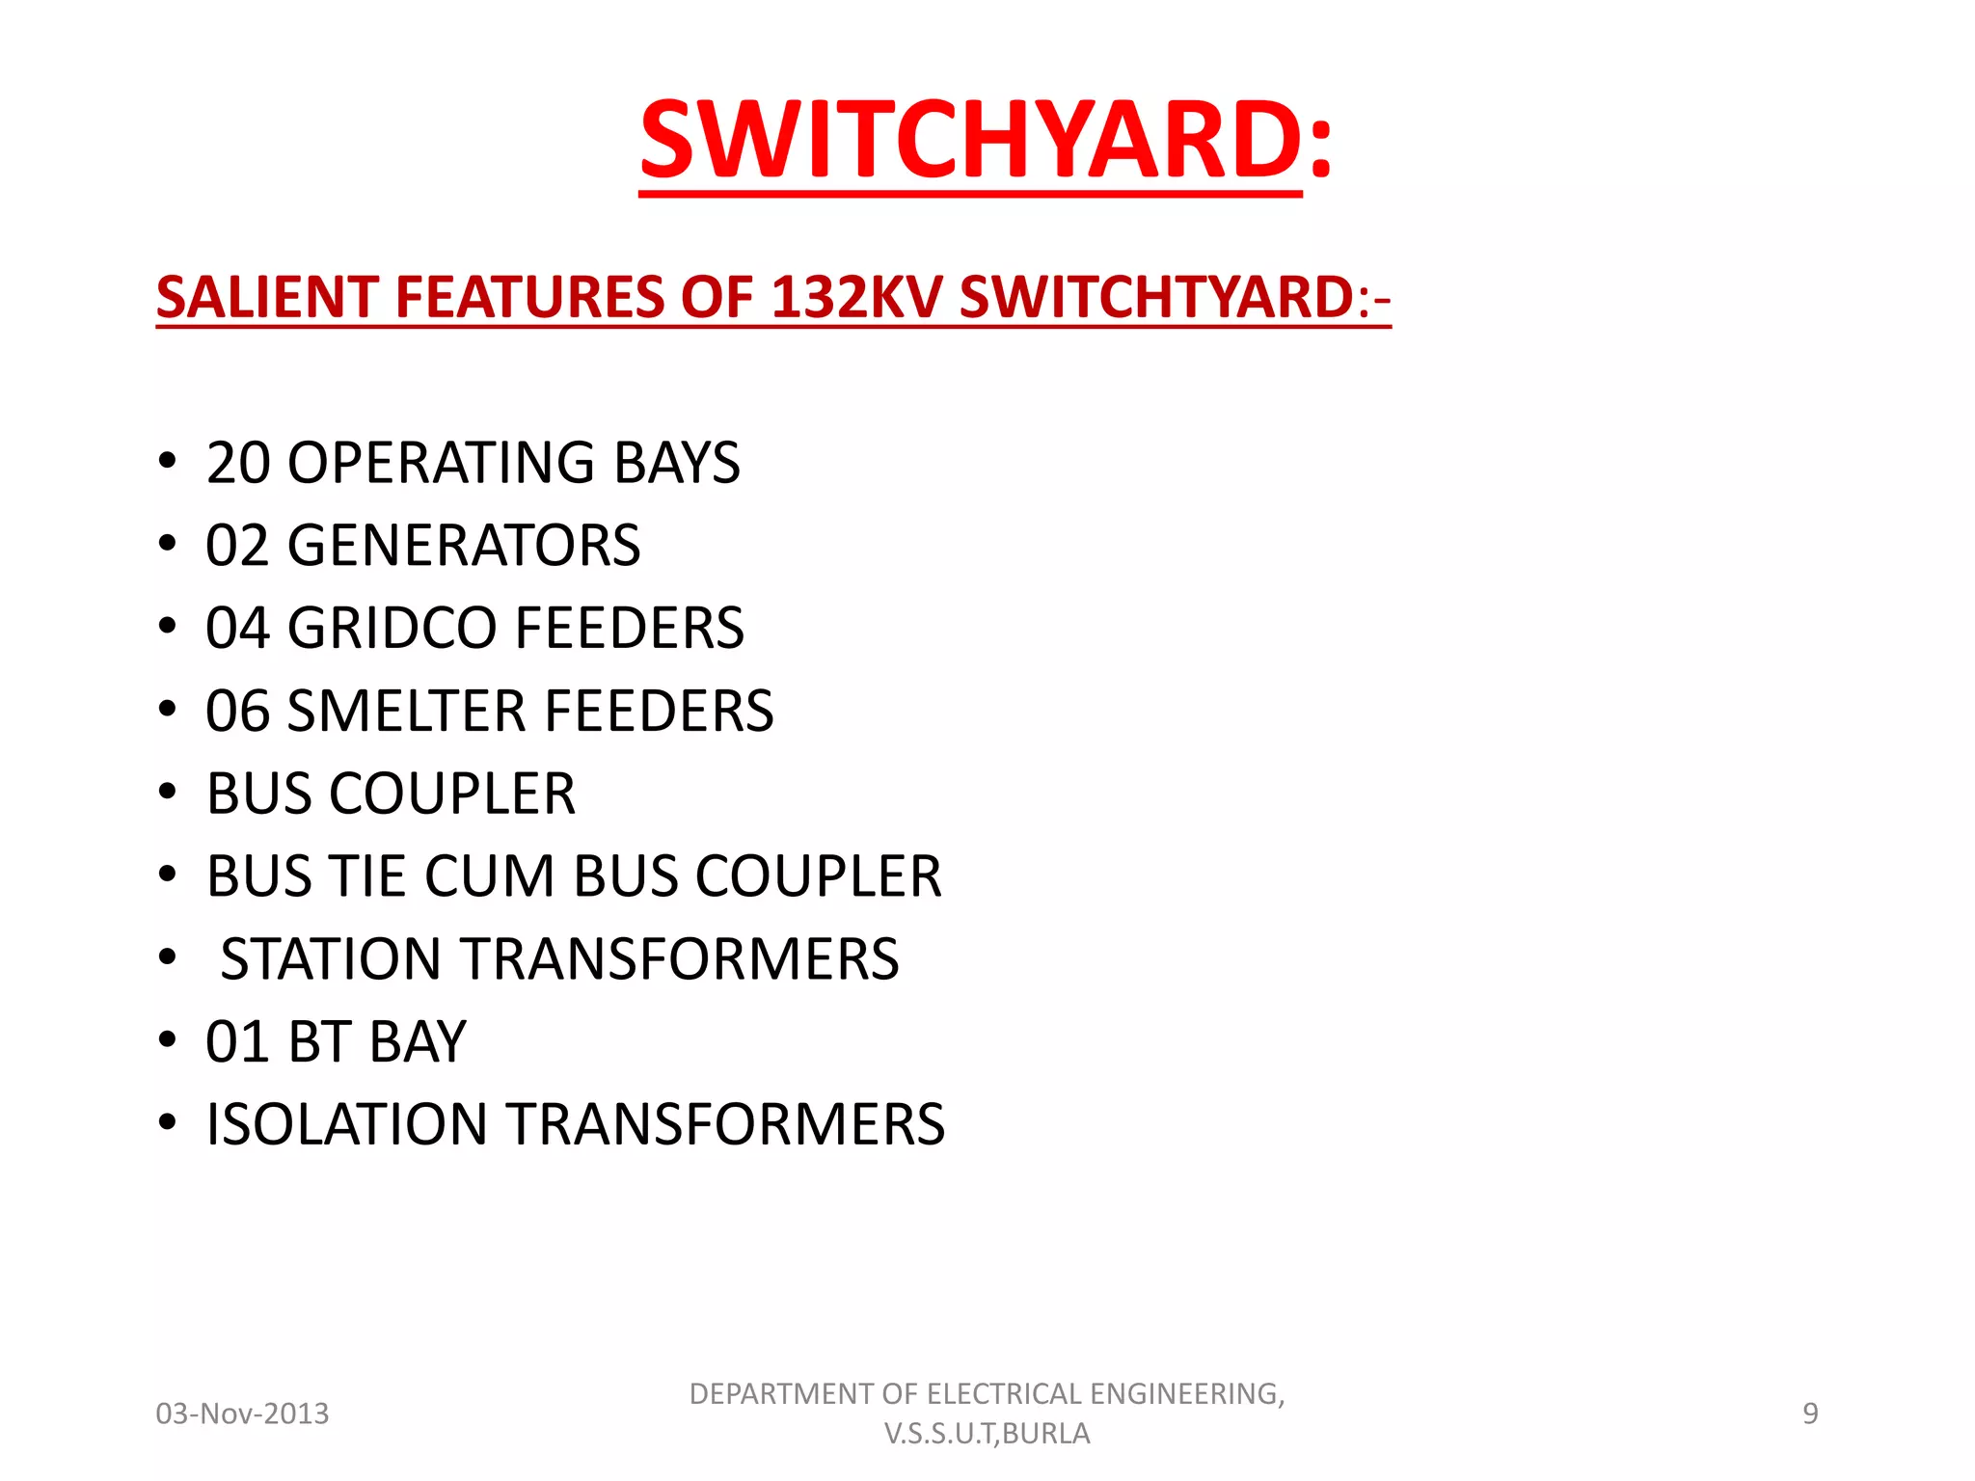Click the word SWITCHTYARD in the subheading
click(x=1158, y=297)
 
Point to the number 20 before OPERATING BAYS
click(x=237, y=463)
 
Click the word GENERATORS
click(x=464, y=546)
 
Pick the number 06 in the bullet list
click(x=237, y=712)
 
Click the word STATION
click(x=331, y=959)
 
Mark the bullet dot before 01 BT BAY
click(x=168, y=1041)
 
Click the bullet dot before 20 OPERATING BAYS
click(x=168, y=461)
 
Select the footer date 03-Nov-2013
click(x=243, y=1414)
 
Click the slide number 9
click(x=1810, y=1414)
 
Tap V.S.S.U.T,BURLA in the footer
click(x=987, y=1434)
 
